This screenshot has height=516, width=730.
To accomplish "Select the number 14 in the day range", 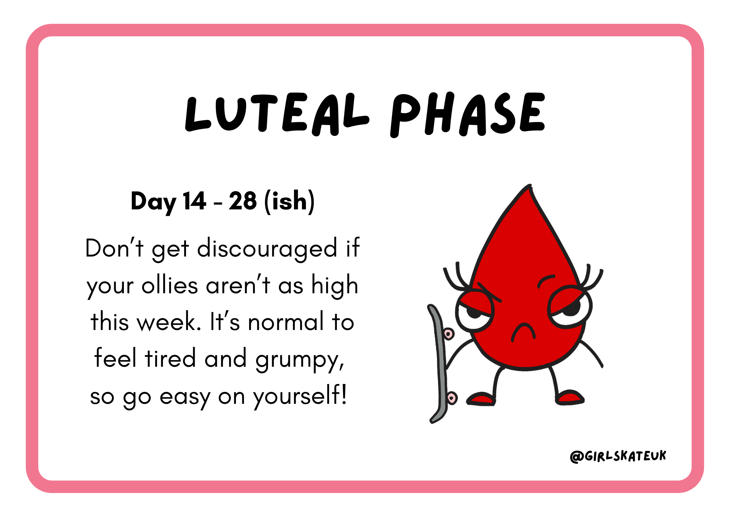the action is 194,201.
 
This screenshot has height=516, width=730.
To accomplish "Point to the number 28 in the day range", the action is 243,201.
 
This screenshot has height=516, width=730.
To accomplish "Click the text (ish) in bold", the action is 289,202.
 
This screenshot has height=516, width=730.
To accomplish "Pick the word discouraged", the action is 267,249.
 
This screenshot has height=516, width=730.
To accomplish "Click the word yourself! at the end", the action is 300,396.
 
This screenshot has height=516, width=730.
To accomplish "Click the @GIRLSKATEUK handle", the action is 618,456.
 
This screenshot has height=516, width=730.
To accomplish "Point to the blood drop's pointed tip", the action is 530,185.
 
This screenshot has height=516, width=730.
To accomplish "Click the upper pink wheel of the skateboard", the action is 449,334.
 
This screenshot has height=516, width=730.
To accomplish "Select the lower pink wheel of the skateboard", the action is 452,398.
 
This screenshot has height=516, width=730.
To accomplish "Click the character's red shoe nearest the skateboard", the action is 481,399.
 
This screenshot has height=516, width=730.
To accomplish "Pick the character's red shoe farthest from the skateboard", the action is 569,397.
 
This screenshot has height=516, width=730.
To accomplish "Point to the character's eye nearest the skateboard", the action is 475,312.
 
